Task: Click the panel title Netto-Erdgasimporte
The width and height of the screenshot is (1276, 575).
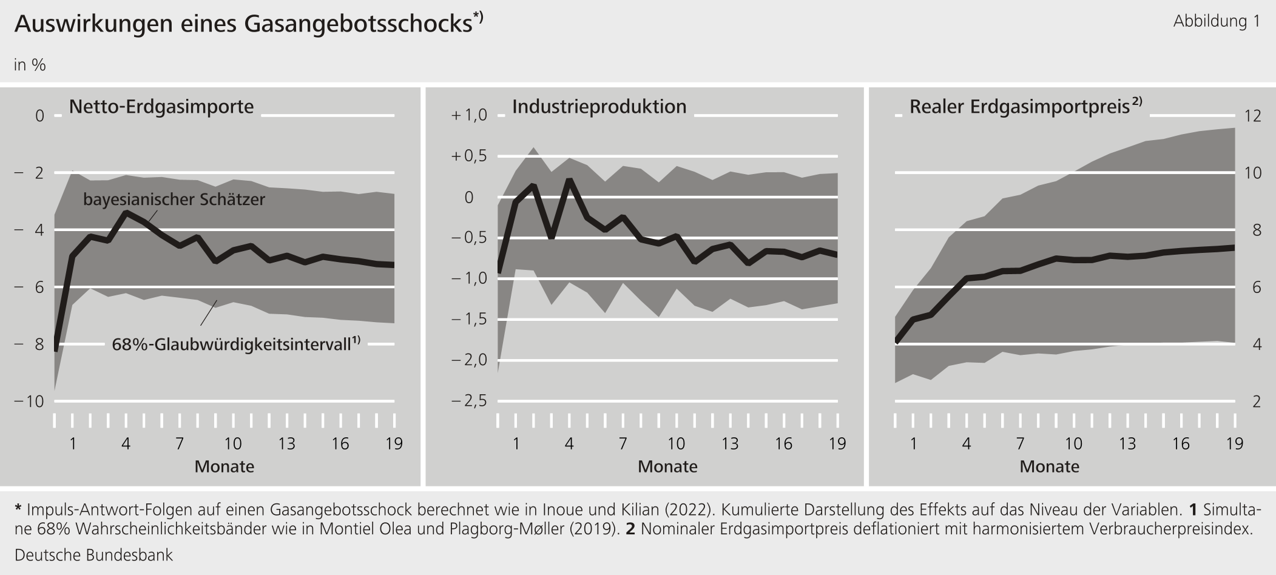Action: click(161, 107)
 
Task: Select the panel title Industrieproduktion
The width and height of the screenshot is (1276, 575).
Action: click(599, 107)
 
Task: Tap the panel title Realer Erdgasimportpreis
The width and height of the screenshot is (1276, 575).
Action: click(1019, 107)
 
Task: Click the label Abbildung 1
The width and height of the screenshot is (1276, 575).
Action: click(1216, 22)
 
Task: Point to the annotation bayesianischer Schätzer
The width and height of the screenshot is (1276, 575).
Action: click(174, 200)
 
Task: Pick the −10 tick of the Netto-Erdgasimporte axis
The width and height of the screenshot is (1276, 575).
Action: click(29, 402)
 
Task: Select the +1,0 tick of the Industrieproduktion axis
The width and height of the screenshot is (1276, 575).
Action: click(469, 115)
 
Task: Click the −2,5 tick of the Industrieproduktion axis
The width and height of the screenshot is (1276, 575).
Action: click(469, 402)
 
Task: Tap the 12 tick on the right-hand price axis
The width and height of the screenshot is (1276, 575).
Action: click(1252, 115)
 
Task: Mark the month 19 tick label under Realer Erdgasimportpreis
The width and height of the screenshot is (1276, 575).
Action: click(1234, 444)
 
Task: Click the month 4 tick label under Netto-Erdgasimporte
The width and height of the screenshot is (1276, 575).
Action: click(126, 444)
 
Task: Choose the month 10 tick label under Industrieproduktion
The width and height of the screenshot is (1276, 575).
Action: click(676, 444)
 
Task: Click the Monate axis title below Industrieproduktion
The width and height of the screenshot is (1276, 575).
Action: click(667, 466)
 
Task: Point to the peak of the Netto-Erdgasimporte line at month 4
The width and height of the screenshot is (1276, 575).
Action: click(126, 212)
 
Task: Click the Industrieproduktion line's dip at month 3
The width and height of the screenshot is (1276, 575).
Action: click(551, 237)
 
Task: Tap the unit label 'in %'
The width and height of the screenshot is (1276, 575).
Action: click(30, 65)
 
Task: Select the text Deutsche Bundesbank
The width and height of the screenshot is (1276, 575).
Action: click(93, 555)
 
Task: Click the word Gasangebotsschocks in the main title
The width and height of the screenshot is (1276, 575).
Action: click(358, 24)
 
